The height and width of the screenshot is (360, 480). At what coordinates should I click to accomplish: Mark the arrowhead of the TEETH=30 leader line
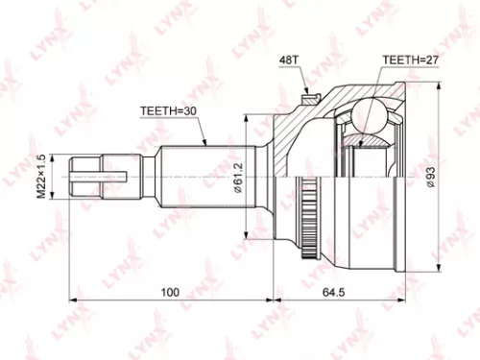(207, 144)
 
